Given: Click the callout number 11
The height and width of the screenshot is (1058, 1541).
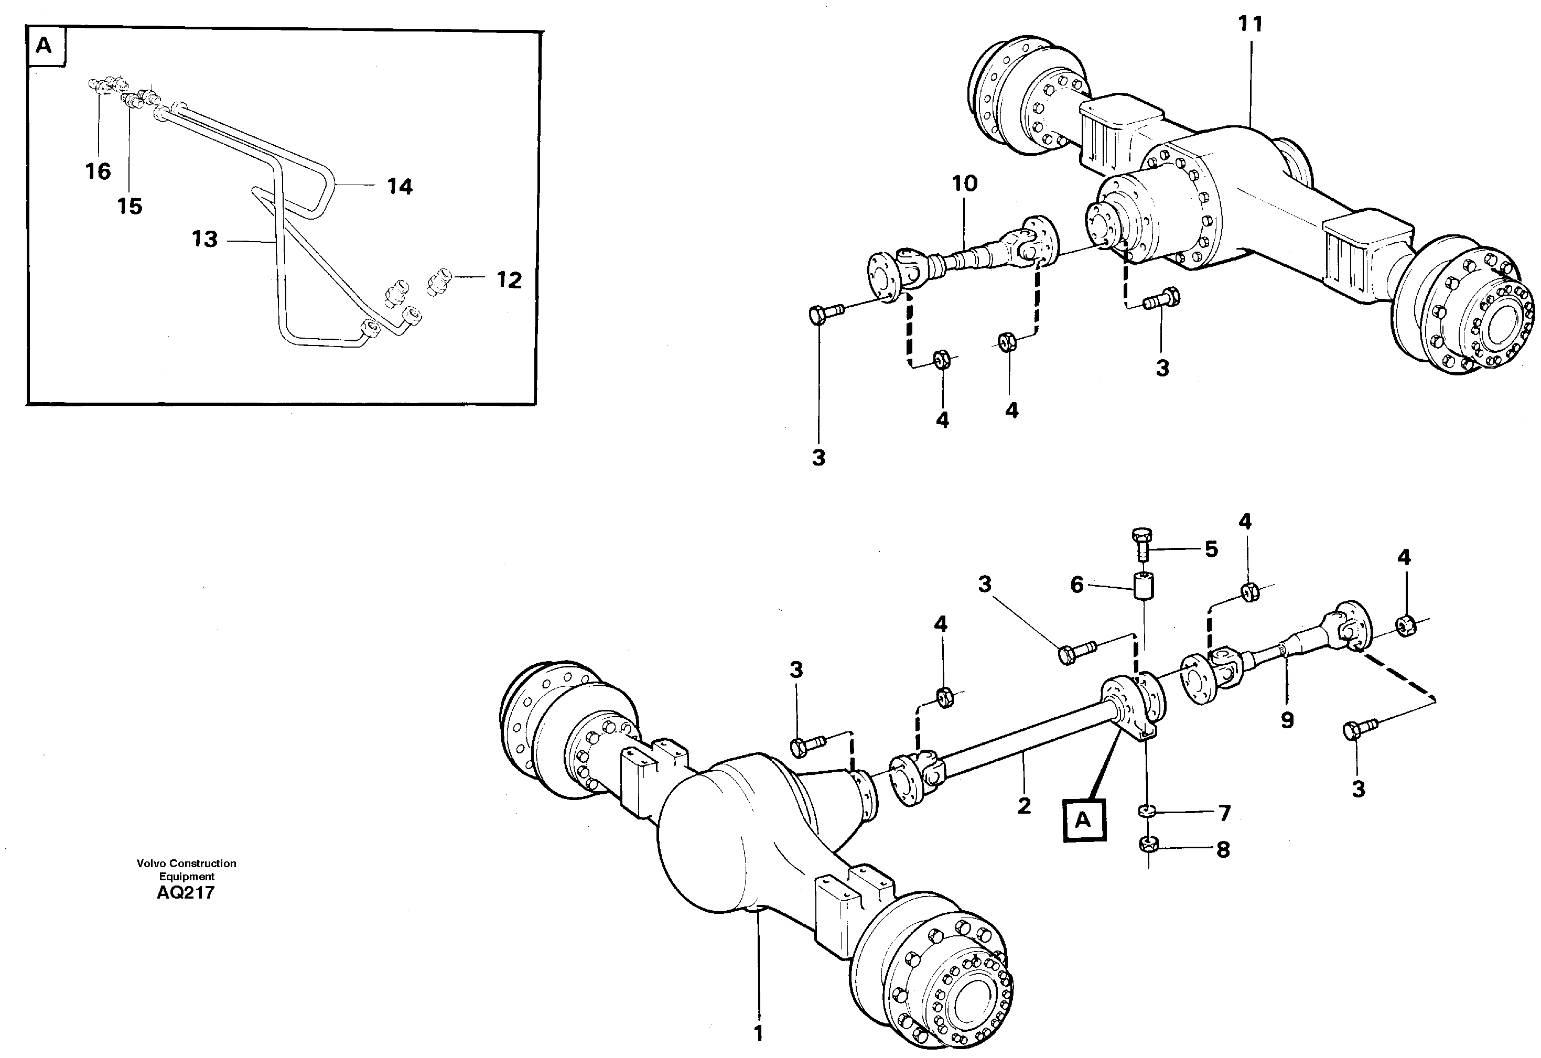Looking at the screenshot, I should click(x=1251, y=25).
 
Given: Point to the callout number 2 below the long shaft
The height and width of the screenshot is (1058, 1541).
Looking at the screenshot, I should click(x=1024, y=806).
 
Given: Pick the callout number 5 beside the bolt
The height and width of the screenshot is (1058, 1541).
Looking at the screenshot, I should click(x=1211, y=549).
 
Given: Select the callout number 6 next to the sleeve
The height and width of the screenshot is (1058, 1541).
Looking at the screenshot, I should click(x=1077, y=585).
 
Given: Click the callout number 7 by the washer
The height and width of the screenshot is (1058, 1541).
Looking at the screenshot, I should click(x=1224, y=813).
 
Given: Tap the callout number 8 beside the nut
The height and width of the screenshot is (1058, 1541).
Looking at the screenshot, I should click(x=1223, y=849).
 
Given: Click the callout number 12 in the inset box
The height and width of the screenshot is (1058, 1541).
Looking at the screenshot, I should click(x=509, y=280).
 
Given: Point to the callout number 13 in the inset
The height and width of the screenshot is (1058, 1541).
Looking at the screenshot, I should click(x=204, y=239).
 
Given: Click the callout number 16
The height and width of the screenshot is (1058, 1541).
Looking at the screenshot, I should click(x=98, y=171).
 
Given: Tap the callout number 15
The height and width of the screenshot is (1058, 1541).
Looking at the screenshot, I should click(x=130, y=207).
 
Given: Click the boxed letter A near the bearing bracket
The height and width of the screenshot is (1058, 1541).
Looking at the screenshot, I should click(x=1083, y=821).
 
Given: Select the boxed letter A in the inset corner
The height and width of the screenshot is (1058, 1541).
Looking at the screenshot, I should click(x=45, y=46).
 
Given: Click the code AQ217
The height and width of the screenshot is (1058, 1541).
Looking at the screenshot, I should click(x=186, y=893).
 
